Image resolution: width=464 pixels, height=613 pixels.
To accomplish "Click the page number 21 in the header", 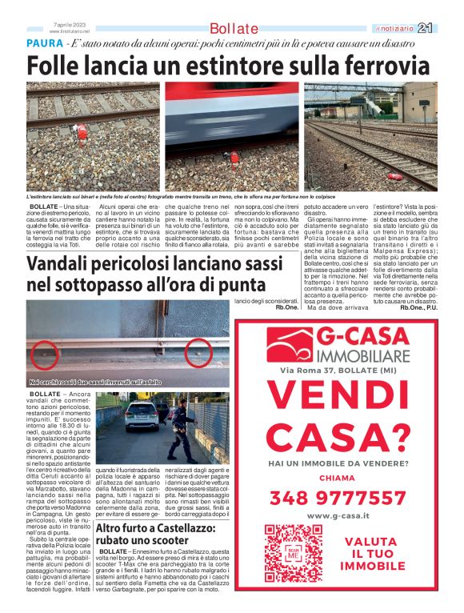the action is [x=446, y=28].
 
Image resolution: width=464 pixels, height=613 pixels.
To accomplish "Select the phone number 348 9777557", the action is [x=338, y=498].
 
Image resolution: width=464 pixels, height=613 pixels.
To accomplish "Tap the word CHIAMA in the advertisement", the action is [x=338, y=478].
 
